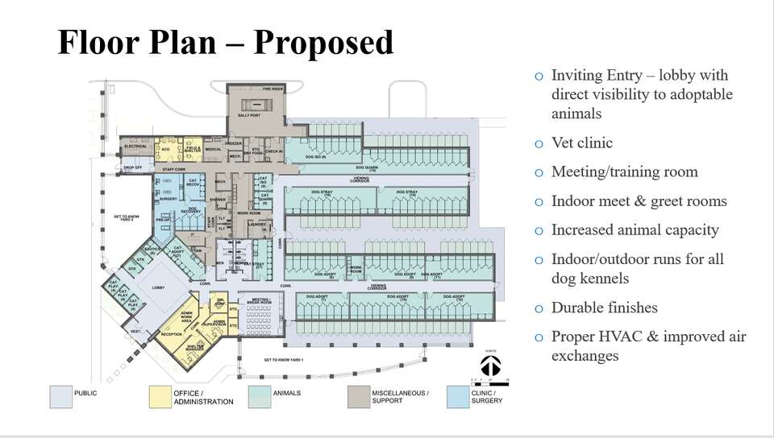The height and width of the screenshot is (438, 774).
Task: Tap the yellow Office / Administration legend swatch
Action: point(160,397)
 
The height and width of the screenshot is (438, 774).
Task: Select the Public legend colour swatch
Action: point(60,397)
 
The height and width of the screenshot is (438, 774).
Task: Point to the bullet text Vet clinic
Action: point(581,143)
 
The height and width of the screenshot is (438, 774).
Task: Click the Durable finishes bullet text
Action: point(604,308)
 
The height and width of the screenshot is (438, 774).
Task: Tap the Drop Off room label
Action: point(132,167)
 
